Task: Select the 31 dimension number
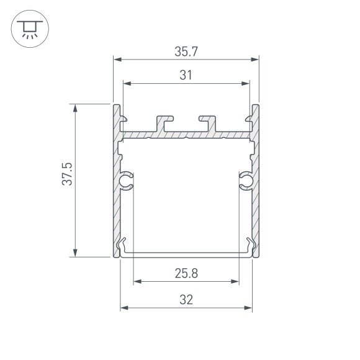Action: coord(186,75)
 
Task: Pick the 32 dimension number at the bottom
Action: coord(186,299)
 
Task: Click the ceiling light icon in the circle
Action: coord(27,27)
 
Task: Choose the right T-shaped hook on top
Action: coord(207,121)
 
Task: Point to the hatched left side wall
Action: coord(116,205)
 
